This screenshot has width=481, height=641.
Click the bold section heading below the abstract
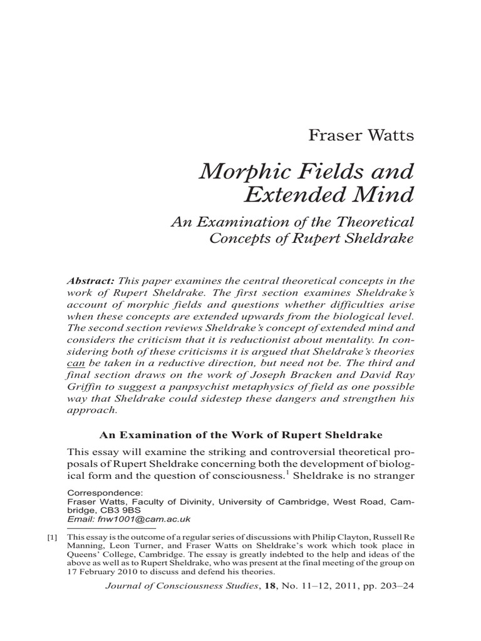point(240,434)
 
